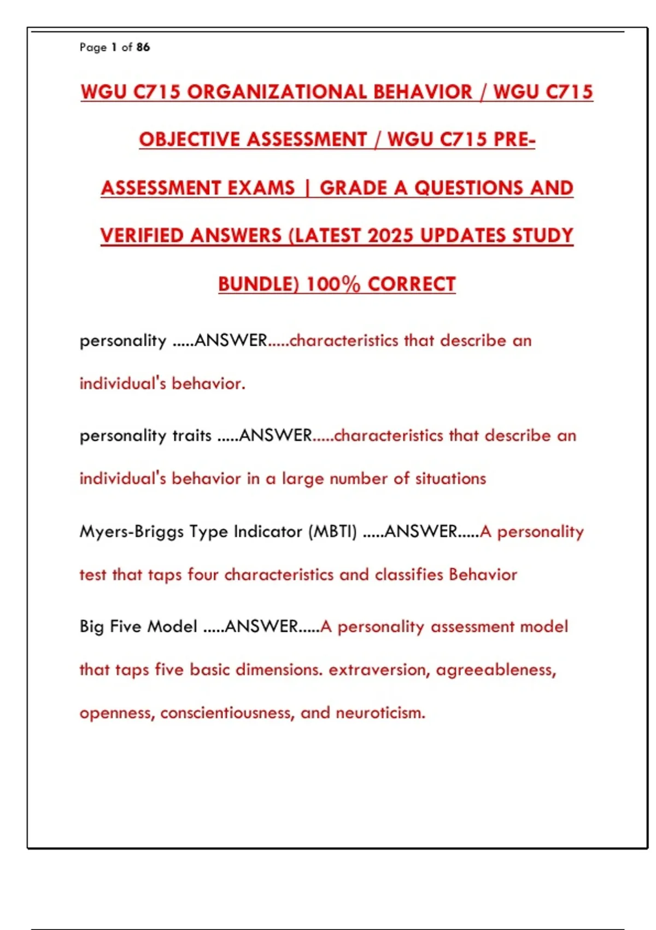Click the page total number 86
point(143,48)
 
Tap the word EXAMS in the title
point(261,188)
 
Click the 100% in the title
point(333,284)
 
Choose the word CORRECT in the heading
point(412,284)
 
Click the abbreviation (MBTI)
point(332,532)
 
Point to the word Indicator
point(268,532)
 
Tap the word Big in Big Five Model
point(91,626)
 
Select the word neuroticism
point(380,713)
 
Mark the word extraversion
point(378,670)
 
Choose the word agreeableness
point(495,670)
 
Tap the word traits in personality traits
point(192,436)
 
